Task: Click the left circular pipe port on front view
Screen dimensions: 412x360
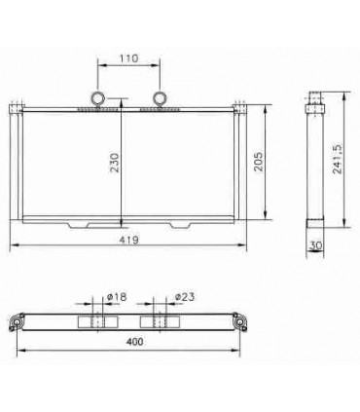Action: point(97,97)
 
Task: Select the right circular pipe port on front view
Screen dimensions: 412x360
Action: point(160,97)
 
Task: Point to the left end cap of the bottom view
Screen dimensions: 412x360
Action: point(17,321)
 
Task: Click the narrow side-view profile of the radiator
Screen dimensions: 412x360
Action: point(313,166)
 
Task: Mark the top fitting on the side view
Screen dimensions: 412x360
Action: point(313,98)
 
